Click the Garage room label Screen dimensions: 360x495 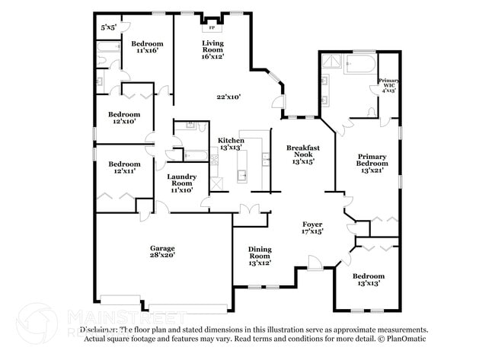click(x=162, y=252)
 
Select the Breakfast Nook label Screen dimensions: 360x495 click(x=302, y=154)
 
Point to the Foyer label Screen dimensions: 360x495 click(x=312, y=228)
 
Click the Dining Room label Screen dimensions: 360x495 click(x=260, y=256)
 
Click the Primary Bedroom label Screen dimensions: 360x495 click(x=372, y=164)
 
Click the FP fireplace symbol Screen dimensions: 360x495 click(x=212, y=27)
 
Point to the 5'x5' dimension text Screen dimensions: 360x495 click(x=109, y=28)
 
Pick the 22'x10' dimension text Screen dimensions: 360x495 click(x=228, y=97)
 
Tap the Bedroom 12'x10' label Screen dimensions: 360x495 click(x=123, y=118)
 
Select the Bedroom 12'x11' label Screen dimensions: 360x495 click(x=123, y=168)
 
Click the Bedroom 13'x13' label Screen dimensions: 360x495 click(x=368, y=279)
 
